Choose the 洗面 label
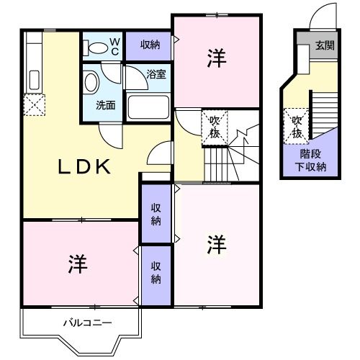point(106,104)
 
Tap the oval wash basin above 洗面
point(91,82)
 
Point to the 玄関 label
point(324,46)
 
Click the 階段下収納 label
point(313,161)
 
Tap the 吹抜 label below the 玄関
point(296,127)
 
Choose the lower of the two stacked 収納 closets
point(156,273)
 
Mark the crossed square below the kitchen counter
point(33,107)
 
